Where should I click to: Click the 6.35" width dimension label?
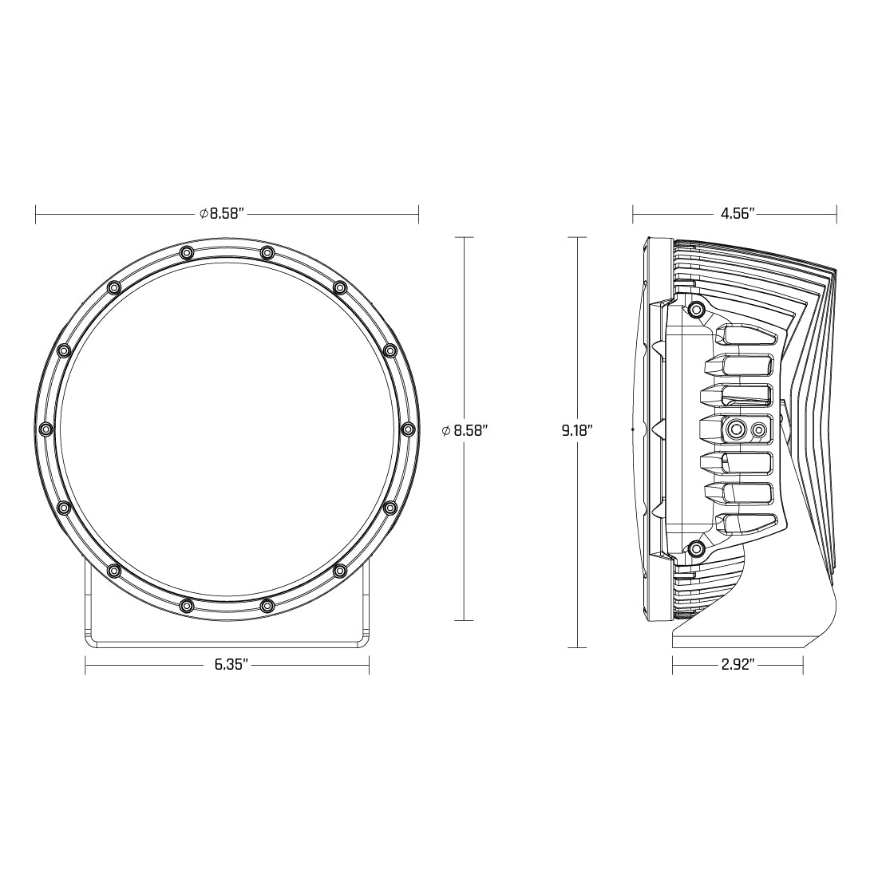click(x=232, y=664)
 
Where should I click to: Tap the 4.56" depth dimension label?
click(x=738, y=213)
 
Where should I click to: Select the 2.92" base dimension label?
click(x=738, y=664)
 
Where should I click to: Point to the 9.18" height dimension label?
click(x=576, y=430)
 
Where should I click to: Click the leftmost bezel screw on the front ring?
click(x=45, y=429)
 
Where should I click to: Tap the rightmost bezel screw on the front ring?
click(x=409, y=429)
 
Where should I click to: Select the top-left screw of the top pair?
click(x=186, y=253)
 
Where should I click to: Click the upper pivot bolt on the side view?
click(x=697, y=309)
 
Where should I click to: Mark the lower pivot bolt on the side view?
click(x=697, y=548)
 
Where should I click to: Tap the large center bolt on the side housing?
click(x=734, y=430)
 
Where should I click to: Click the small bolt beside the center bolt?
click(x=759, y=431)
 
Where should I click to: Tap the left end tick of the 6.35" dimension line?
click(x=85, y=664)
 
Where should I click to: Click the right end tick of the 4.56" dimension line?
click(x=836, y=213)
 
